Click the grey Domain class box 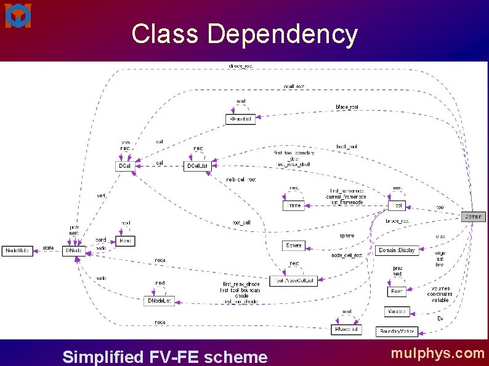tap(473, 217)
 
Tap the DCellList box tap(197, 166)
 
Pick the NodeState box tap(17, 251)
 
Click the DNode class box tap(73, 251)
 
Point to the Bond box tap(125, 241)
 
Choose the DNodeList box tap(160, 301)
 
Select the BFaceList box tap(240, 119)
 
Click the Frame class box tap(294, 205)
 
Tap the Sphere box tap(294, 245)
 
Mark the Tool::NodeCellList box tap(294, 281)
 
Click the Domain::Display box tap(397, 250)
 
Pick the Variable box tap(397, 312)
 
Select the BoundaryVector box tap(397, 332)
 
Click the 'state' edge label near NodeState tap(48, 248)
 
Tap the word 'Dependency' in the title tap(282, 34)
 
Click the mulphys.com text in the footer tap(437, 353)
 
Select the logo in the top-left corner tap(18, 15)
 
